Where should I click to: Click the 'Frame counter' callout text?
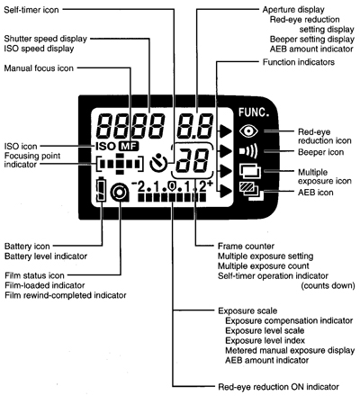(x=225, y=246)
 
